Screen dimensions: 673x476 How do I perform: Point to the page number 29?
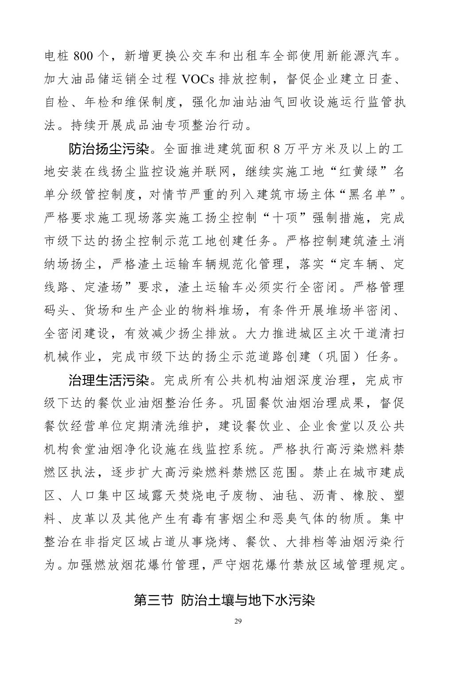pyautogui.click(x=238, y=621)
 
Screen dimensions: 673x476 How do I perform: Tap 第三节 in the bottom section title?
pyautogui.click(x=152, y=600)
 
